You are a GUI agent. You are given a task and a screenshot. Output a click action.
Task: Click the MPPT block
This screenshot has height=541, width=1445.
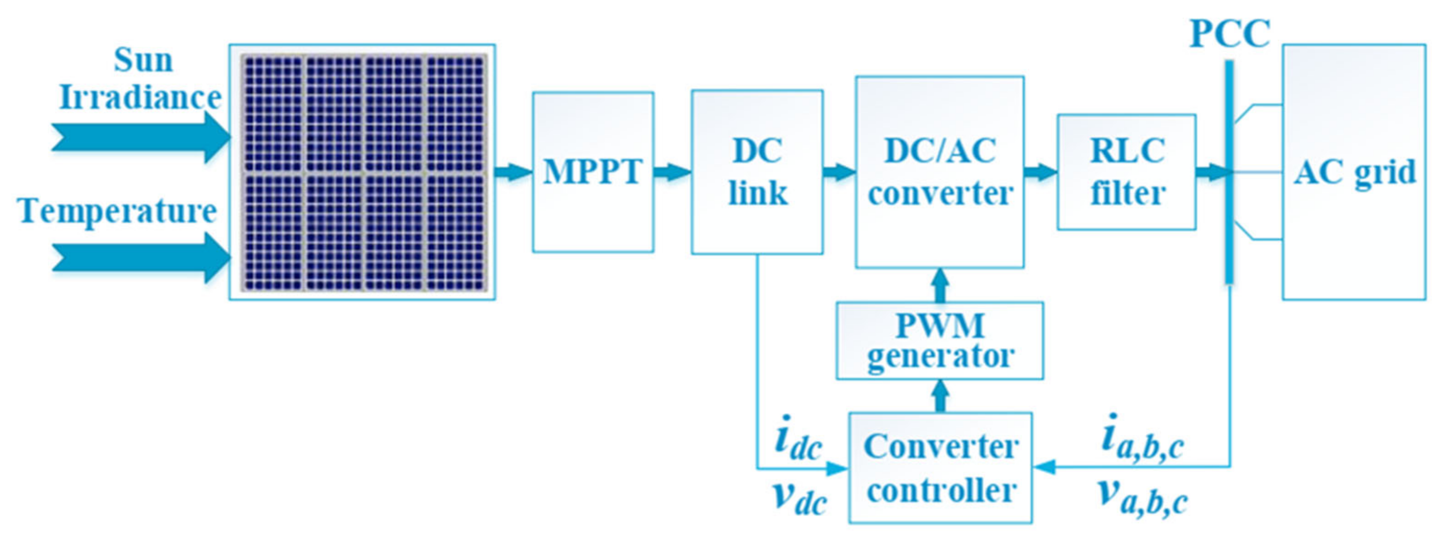tap(593, 172)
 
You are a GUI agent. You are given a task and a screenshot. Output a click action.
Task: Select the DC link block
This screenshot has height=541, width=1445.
tap(757, 172)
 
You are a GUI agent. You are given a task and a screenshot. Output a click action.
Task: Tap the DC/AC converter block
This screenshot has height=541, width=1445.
tap(939, 172)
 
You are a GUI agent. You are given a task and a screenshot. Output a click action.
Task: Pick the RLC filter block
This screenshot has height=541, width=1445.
tap(1127, 172)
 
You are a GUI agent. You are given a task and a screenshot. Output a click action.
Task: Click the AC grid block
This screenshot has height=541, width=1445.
tap(1354, 172)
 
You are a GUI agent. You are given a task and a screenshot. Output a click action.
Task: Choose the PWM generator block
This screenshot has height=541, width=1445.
tap(939, 341)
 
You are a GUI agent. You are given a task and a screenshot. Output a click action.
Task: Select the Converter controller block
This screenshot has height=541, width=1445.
tap(940, 468)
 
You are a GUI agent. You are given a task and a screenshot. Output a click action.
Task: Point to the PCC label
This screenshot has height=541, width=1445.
tap(1229, 34)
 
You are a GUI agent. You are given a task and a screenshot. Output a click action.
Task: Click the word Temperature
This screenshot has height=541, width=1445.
tap(118, 211)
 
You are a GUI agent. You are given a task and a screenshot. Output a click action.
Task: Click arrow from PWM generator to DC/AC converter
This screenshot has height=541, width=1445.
tap(941, 285)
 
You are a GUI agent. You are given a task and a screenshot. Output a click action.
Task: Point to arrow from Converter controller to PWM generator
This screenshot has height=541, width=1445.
tap(941, 396)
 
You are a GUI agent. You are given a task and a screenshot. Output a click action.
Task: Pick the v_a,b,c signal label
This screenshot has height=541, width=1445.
tap(1142, 497)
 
